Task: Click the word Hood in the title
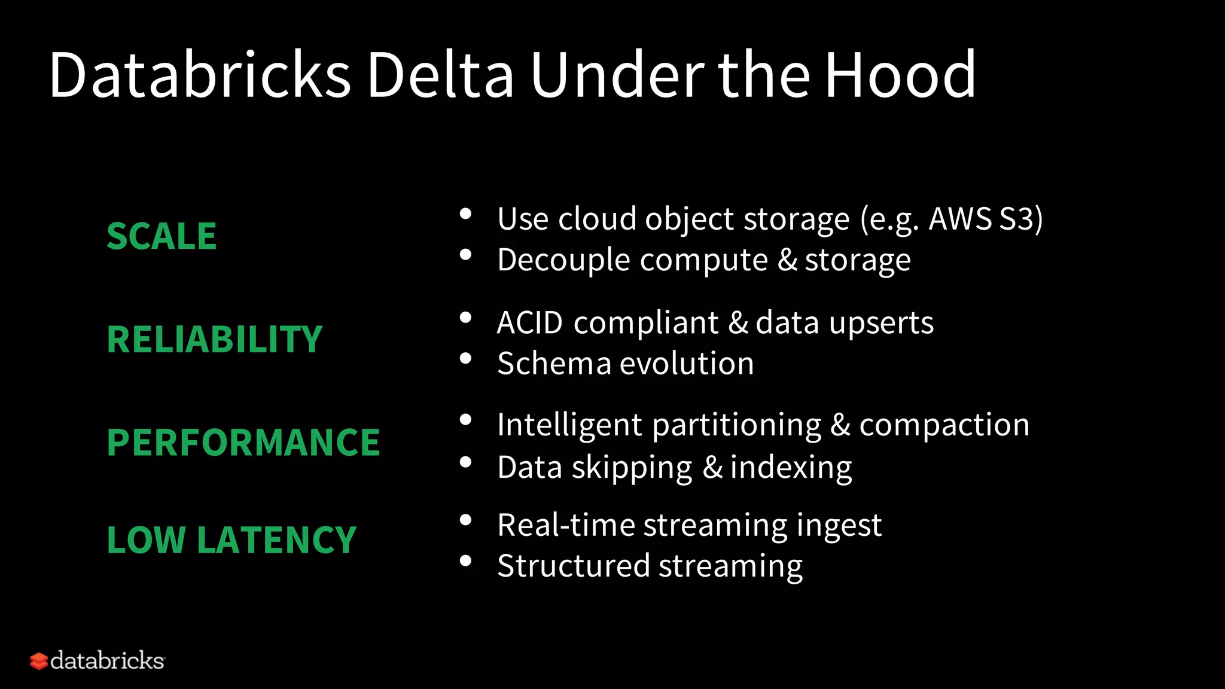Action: pyautogui.click(x=900, y=75)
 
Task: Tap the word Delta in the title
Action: pyautogui.click(x=440, y=75)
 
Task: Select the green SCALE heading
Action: pyautogui.click(x=161, y=236)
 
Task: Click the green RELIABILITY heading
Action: pyautogui.click(x=215, y=340)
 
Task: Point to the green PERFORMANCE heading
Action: pyautogui.click(x=243, y=443)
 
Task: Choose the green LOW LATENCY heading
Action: pyautogui.click(x=231, y=540)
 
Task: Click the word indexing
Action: pyautogui.click(x=791, y=468)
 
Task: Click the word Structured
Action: pyautogui.click(x=573, y=566)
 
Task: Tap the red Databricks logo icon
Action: pyautogui.click(x=39, y=661)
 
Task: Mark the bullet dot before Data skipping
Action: pyautogui.click(x=465, y=462)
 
